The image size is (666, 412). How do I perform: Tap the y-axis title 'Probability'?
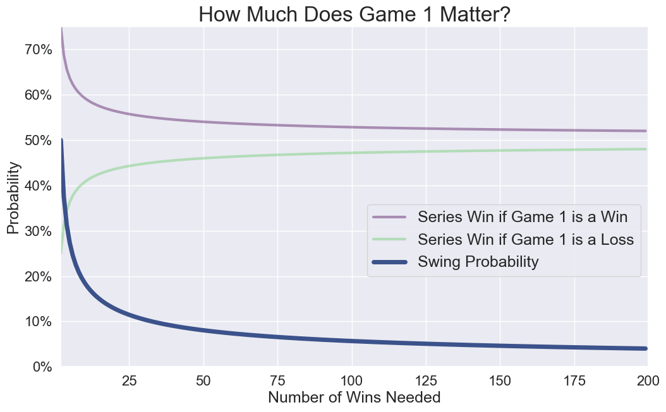click(14, 197)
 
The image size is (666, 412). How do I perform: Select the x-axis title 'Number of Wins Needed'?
click(354, 397)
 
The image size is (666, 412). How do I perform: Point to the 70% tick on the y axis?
click(37, 50)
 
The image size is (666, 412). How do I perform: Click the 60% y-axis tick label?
click(37, 95)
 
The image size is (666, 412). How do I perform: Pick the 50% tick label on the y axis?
click(37, 141)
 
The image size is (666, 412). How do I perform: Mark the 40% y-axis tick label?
click(37, 186)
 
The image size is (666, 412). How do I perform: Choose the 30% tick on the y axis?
click(37, 232)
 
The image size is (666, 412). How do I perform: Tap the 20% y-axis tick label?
click(37, 277)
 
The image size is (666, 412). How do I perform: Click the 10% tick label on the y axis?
click(37, 322)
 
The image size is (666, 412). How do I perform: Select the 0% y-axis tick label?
click(42, 367)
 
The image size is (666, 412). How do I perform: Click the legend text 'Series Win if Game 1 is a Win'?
click(522, 218)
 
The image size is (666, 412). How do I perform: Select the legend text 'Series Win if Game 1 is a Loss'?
click(525, 240)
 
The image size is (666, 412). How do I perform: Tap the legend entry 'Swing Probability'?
click(478, 262)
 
